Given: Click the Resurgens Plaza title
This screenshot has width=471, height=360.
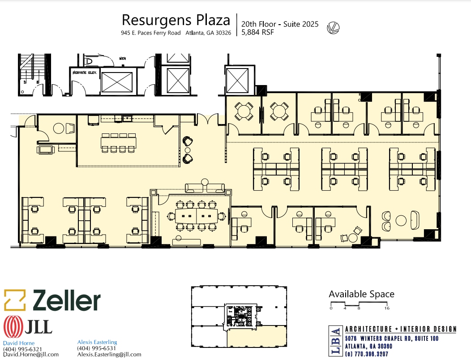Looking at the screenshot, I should pos(176,20).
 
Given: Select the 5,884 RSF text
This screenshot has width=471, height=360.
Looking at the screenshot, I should pos(257,32).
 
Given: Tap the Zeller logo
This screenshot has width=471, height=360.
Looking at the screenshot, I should pos(52,300).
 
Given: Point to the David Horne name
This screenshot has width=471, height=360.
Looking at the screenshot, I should pos(16,343).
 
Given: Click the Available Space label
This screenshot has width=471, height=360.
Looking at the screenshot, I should pos(361,294).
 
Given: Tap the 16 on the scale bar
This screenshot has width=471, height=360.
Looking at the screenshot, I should pos(386,309).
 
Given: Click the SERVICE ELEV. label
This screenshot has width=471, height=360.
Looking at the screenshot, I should pos(85,72).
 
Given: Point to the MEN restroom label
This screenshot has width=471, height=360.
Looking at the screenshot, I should pos(122,58).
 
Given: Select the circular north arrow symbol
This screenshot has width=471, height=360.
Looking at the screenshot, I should pos(333,28).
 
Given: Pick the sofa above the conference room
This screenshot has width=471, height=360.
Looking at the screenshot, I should pos(206,188).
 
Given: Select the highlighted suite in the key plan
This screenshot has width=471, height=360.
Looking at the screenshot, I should pos(256,336).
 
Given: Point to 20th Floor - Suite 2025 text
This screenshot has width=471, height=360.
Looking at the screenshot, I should pos(280,24).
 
